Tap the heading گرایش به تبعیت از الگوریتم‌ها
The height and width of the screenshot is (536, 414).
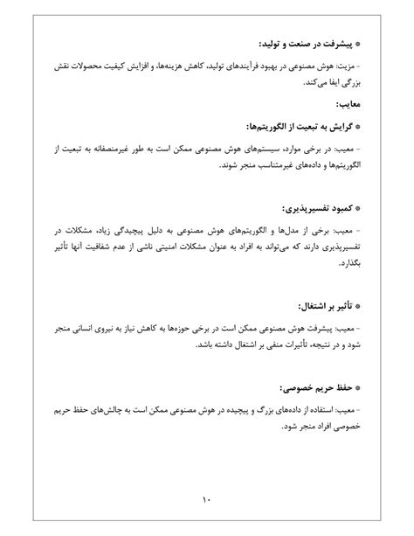[293, 126]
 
